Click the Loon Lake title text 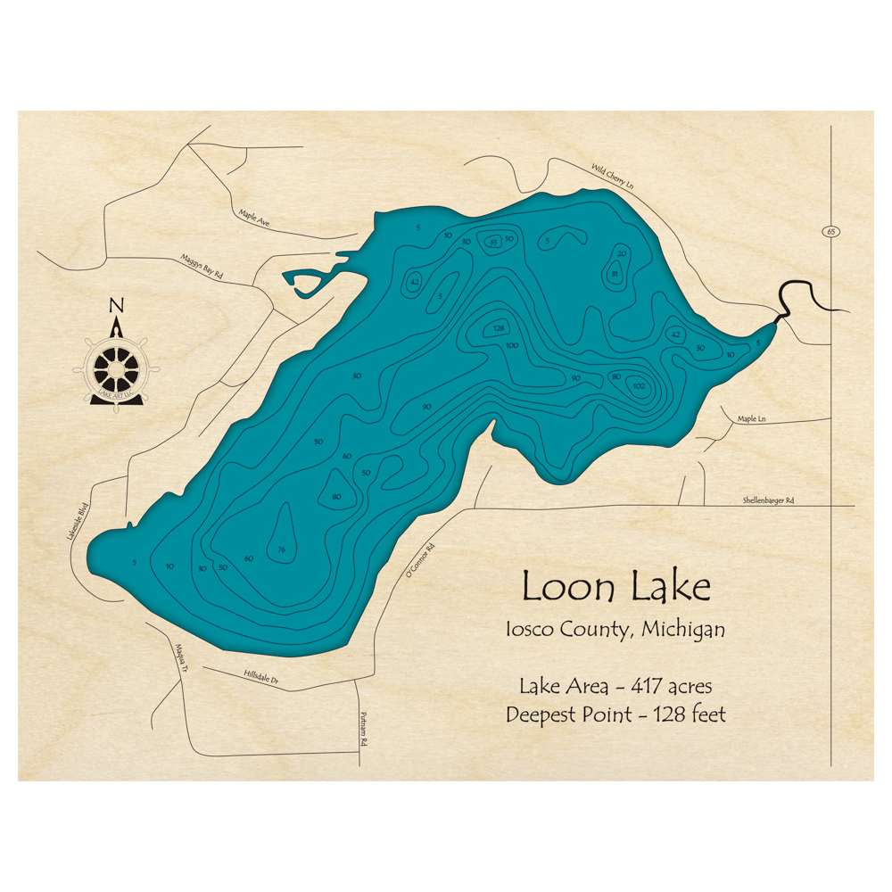[x=615, y=587]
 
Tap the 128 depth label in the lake [x=499, y=329]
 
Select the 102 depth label [x=638, y=386]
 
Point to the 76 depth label [x=281, y=549]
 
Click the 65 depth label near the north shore [x=493, y=241]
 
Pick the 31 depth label [x=615, y=274]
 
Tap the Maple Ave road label [x=254, y=217]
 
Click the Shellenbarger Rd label [x=768, y=501]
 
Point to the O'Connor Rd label [x=418, y=560]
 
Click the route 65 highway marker [x=830, y=232]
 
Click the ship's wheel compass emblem [x=117, y=367]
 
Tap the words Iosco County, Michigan [x=615, y=629]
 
